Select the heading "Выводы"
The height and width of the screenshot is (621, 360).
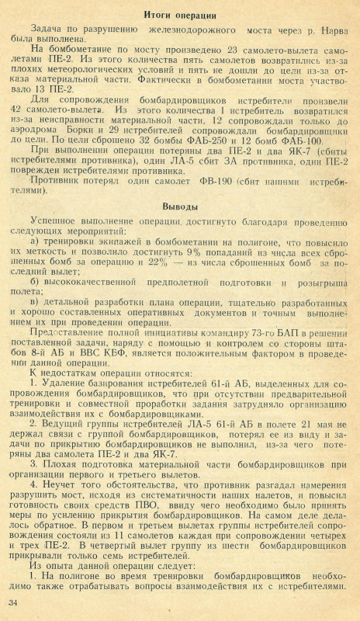181,208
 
